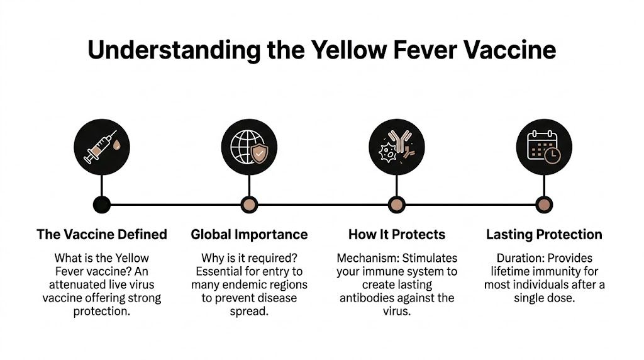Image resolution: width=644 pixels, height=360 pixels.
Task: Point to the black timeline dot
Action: coord(102,204)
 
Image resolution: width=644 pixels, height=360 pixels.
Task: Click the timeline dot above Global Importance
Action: coord(249,204)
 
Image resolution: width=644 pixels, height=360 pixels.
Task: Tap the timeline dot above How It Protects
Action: coord(396,204)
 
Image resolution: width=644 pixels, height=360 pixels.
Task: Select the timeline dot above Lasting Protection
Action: coord(543,204)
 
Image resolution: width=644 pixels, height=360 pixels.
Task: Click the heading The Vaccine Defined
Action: coord(102,235)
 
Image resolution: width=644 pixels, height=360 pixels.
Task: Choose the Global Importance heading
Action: coord(249,235)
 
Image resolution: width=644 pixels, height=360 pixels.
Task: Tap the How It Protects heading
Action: coord(396,235)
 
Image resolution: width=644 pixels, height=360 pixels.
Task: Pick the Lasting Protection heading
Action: coord(543,235)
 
